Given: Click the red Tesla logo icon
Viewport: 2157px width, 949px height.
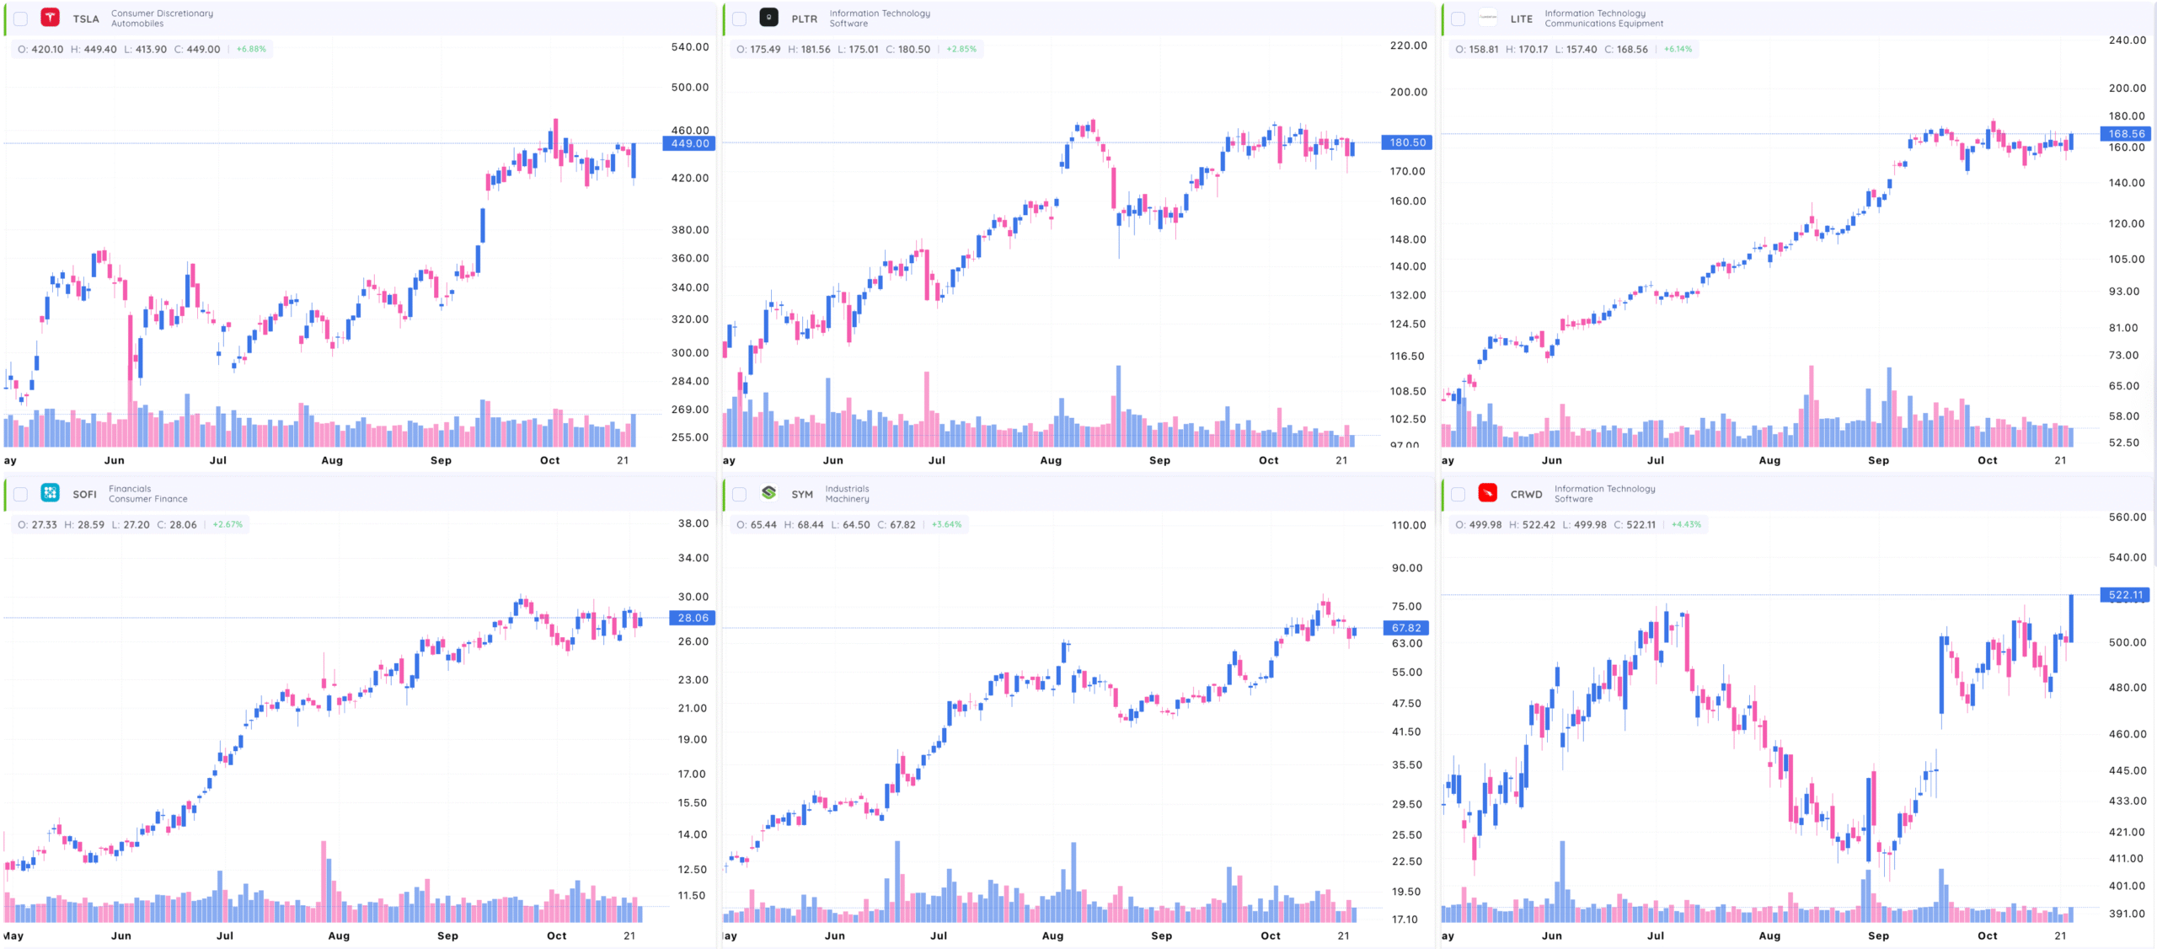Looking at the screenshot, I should point(51,18).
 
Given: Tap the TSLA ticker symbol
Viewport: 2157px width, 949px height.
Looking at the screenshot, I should point(86,19).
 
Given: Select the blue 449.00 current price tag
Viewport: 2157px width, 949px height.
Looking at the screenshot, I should point(688,143).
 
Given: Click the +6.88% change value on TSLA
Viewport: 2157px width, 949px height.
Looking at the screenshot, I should point(251,49).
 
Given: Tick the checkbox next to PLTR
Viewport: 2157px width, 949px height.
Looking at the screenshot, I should point(739,19).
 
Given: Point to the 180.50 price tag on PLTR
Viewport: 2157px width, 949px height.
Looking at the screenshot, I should point(1406,142).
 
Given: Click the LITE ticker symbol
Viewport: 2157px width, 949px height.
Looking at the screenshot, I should point(1521,19).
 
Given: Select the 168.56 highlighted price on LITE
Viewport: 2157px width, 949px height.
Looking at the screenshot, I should point(2126,134).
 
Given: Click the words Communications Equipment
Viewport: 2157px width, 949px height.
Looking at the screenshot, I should point(1603,24).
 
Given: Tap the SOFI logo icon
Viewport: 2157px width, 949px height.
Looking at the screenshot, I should point(51,493).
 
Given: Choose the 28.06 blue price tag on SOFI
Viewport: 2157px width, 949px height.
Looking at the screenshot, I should point(692,618).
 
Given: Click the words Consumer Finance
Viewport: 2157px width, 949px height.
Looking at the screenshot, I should point(148,499).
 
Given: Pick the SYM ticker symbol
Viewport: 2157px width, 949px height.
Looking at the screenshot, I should point(802,494).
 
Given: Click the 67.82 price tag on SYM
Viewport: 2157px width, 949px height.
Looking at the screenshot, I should point(1406,628).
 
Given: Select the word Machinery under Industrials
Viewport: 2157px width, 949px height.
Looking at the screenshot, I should point(847,499).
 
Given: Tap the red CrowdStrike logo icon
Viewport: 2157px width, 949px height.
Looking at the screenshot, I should point(1488,493).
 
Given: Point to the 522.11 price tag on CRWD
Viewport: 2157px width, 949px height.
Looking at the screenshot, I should point(2125,595).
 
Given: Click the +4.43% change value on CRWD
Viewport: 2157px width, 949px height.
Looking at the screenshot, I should point(1686,524).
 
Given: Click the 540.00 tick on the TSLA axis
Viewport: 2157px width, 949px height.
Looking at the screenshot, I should point(689,47).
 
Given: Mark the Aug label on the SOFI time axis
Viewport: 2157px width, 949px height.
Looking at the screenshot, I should point(339,936).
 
